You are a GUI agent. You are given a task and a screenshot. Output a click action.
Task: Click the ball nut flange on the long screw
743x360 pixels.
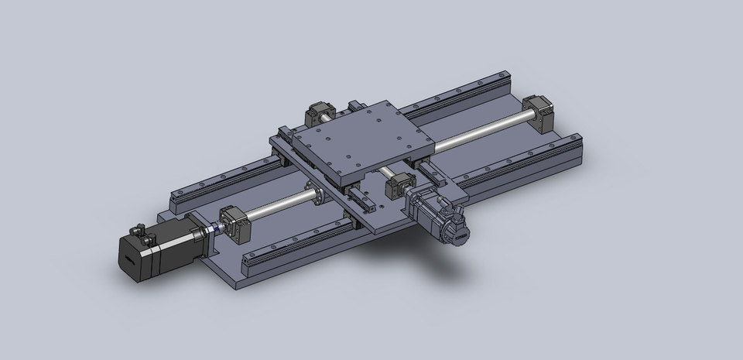(x=315, y=194)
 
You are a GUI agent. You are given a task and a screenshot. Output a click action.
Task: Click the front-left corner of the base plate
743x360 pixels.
(x=240, y=285)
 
